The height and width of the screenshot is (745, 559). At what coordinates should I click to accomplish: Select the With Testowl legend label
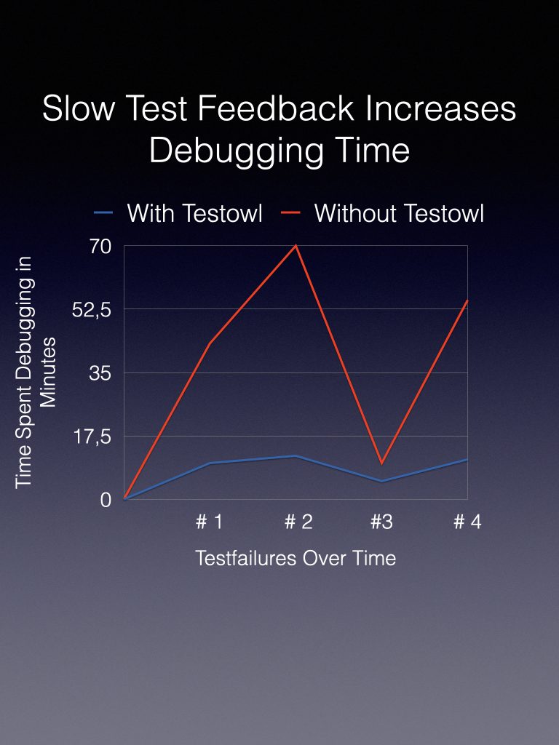point(194,213)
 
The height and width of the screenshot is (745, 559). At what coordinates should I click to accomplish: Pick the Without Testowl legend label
point(399,213)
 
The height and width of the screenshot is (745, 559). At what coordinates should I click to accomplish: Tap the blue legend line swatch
point(103,213)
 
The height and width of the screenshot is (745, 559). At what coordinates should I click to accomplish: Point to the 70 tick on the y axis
point(100,247)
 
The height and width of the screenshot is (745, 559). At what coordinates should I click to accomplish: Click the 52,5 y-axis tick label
point(91,310)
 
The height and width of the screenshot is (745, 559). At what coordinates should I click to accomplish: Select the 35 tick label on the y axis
point(100,373)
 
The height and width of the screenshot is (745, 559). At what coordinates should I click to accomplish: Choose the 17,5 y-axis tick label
point(91,437)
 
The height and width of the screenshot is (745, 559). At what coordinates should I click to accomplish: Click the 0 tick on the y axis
point(106,500)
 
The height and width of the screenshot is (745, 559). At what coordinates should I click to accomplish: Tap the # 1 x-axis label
point(210,522)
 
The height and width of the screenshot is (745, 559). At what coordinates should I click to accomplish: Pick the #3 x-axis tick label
point(381,522)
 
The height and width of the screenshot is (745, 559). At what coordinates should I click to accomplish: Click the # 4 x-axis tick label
point(467,522)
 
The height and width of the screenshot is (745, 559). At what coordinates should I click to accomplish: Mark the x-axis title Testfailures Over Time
point(296,558)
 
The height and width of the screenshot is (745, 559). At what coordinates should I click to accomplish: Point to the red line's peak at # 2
point(296,246)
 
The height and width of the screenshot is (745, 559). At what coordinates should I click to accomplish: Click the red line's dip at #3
point(381,463)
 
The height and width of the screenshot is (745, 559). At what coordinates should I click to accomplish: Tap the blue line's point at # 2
point(296,456)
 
